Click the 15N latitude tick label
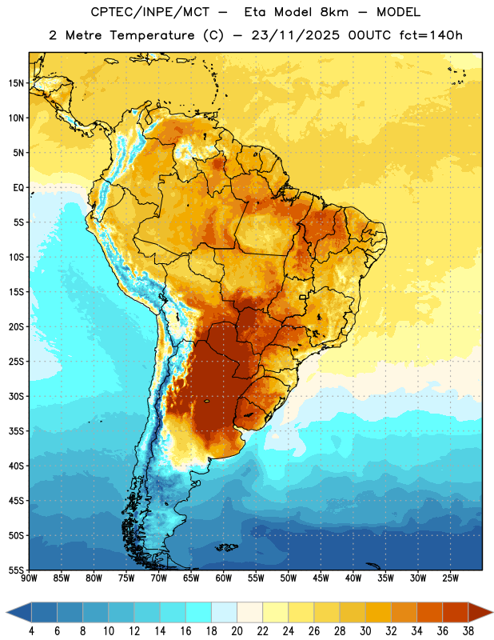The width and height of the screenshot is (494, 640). [x=16, y=83]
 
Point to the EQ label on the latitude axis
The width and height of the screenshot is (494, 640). [x=18, y=188]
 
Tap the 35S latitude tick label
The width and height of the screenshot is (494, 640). [x=16, y=431]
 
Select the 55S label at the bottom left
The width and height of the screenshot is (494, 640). [x=16, y=570]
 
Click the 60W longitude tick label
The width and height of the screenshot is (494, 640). [x=224, y=578]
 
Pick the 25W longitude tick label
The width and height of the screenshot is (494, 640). [x=451, y=578]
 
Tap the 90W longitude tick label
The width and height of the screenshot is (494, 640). [x=30, y=578]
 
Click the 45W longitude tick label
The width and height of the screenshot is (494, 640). [x=321, y=578]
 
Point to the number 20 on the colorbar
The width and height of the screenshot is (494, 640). [x=237, y=631]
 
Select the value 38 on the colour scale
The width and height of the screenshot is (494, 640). [x=468, y=631]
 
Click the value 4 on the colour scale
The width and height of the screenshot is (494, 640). [x=31, y=631]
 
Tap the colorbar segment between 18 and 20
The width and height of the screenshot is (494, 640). [x=225, y=612]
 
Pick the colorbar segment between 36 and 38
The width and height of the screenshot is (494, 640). [x=456, y=612]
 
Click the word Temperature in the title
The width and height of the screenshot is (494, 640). [x=152, y=35]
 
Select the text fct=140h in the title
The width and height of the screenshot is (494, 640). [x=431, y=35]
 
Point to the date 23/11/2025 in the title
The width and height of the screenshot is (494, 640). [x=295, y=35]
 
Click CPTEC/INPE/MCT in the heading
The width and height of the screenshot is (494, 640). [x=150, y=12]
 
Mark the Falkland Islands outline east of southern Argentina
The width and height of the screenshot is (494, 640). [x=226, y=547]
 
